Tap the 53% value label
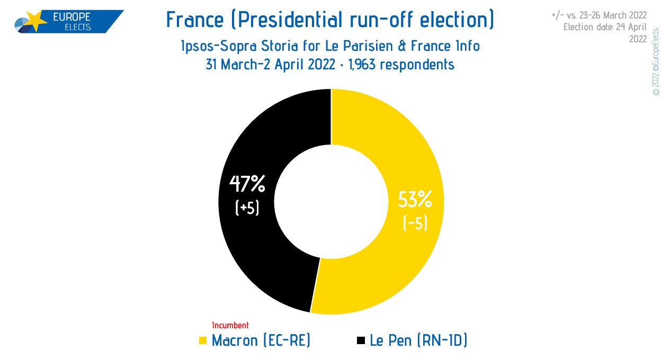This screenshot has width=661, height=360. pos(415,200)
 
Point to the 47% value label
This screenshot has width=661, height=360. pos(247,184)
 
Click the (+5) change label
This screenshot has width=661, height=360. pos(247,208)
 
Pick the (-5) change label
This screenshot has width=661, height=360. pos(415,223)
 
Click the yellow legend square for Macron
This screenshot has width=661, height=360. pos(203,341)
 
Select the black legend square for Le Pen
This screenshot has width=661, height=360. pos(361,341)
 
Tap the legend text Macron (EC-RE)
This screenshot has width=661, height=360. pos(261,340)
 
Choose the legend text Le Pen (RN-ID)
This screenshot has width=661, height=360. pos(418,340)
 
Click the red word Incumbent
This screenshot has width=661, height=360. pos(230,325)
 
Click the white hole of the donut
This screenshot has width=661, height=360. pos(331,202)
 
